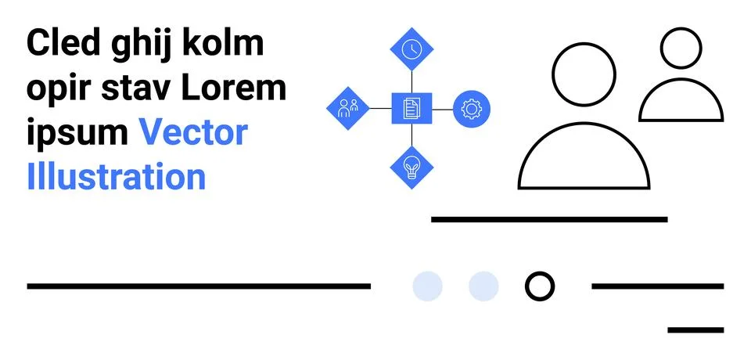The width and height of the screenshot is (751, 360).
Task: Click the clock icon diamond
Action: click(x=411, y=49)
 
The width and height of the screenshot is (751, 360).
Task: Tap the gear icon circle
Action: click(x=471, y=109)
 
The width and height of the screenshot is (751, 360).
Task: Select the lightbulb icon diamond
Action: click(x=411, y=167)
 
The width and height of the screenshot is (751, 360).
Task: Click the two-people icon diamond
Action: click(x=347, y=108)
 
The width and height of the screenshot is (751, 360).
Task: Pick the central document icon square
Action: click(x=411, y=108)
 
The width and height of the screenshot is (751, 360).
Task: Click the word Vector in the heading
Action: click(x=193, y=132)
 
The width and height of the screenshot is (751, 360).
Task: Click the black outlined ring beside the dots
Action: click(x=539, y=286)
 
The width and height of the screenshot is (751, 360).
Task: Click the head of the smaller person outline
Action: click(x=681, y=49)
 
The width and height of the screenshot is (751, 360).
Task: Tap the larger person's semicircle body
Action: click(x=584, y=160)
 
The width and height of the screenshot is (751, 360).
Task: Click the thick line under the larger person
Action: click(x=549, y=219)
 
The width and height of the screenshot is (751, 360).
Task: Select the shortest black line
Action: click(x=695, y=329)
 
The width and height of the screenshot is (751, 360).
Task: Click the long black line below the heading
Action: click(x=199, y=286)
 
